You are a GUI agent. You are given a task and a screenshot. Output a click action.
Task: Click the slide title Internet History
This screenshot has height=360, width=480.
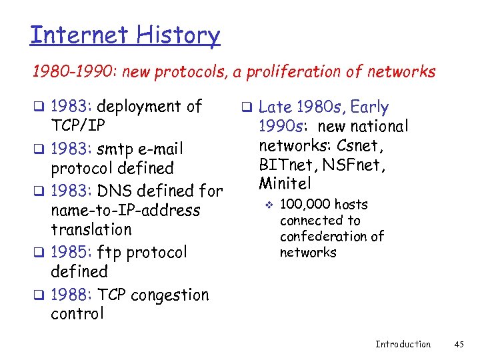pyautogui.click(x=125, y=35)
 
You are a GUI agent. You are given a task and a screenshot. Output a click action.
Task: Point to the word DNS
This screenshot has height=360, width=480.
pyautogui.click(x=116, y=191)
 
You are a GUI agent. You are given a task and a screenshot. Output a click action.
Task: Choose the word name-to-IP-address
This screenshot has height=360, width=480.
pyautogui.click(x=125, y=211)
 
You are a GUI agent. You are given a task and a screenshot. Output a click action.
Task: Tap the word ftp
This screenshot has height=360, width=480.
pyautogui.click(x=109, y=253)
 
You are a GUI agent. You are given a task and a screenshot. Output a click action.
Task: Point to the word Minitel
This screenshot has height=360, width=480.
pyautogui.click(x=285, y=182)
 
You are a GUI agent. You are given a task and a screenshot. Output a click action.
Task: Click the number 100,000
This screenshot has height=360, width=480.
pyautogui.click(x=305, y=204)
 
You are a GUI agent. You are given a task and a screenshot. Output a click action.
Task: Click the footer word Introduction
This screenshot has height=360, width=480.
pyautogui.click(x=403, y=344)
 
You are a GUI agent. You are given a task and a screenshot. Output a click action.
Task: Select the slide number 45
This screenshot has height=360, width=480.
pyautogui.click(x=458, y=344)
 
